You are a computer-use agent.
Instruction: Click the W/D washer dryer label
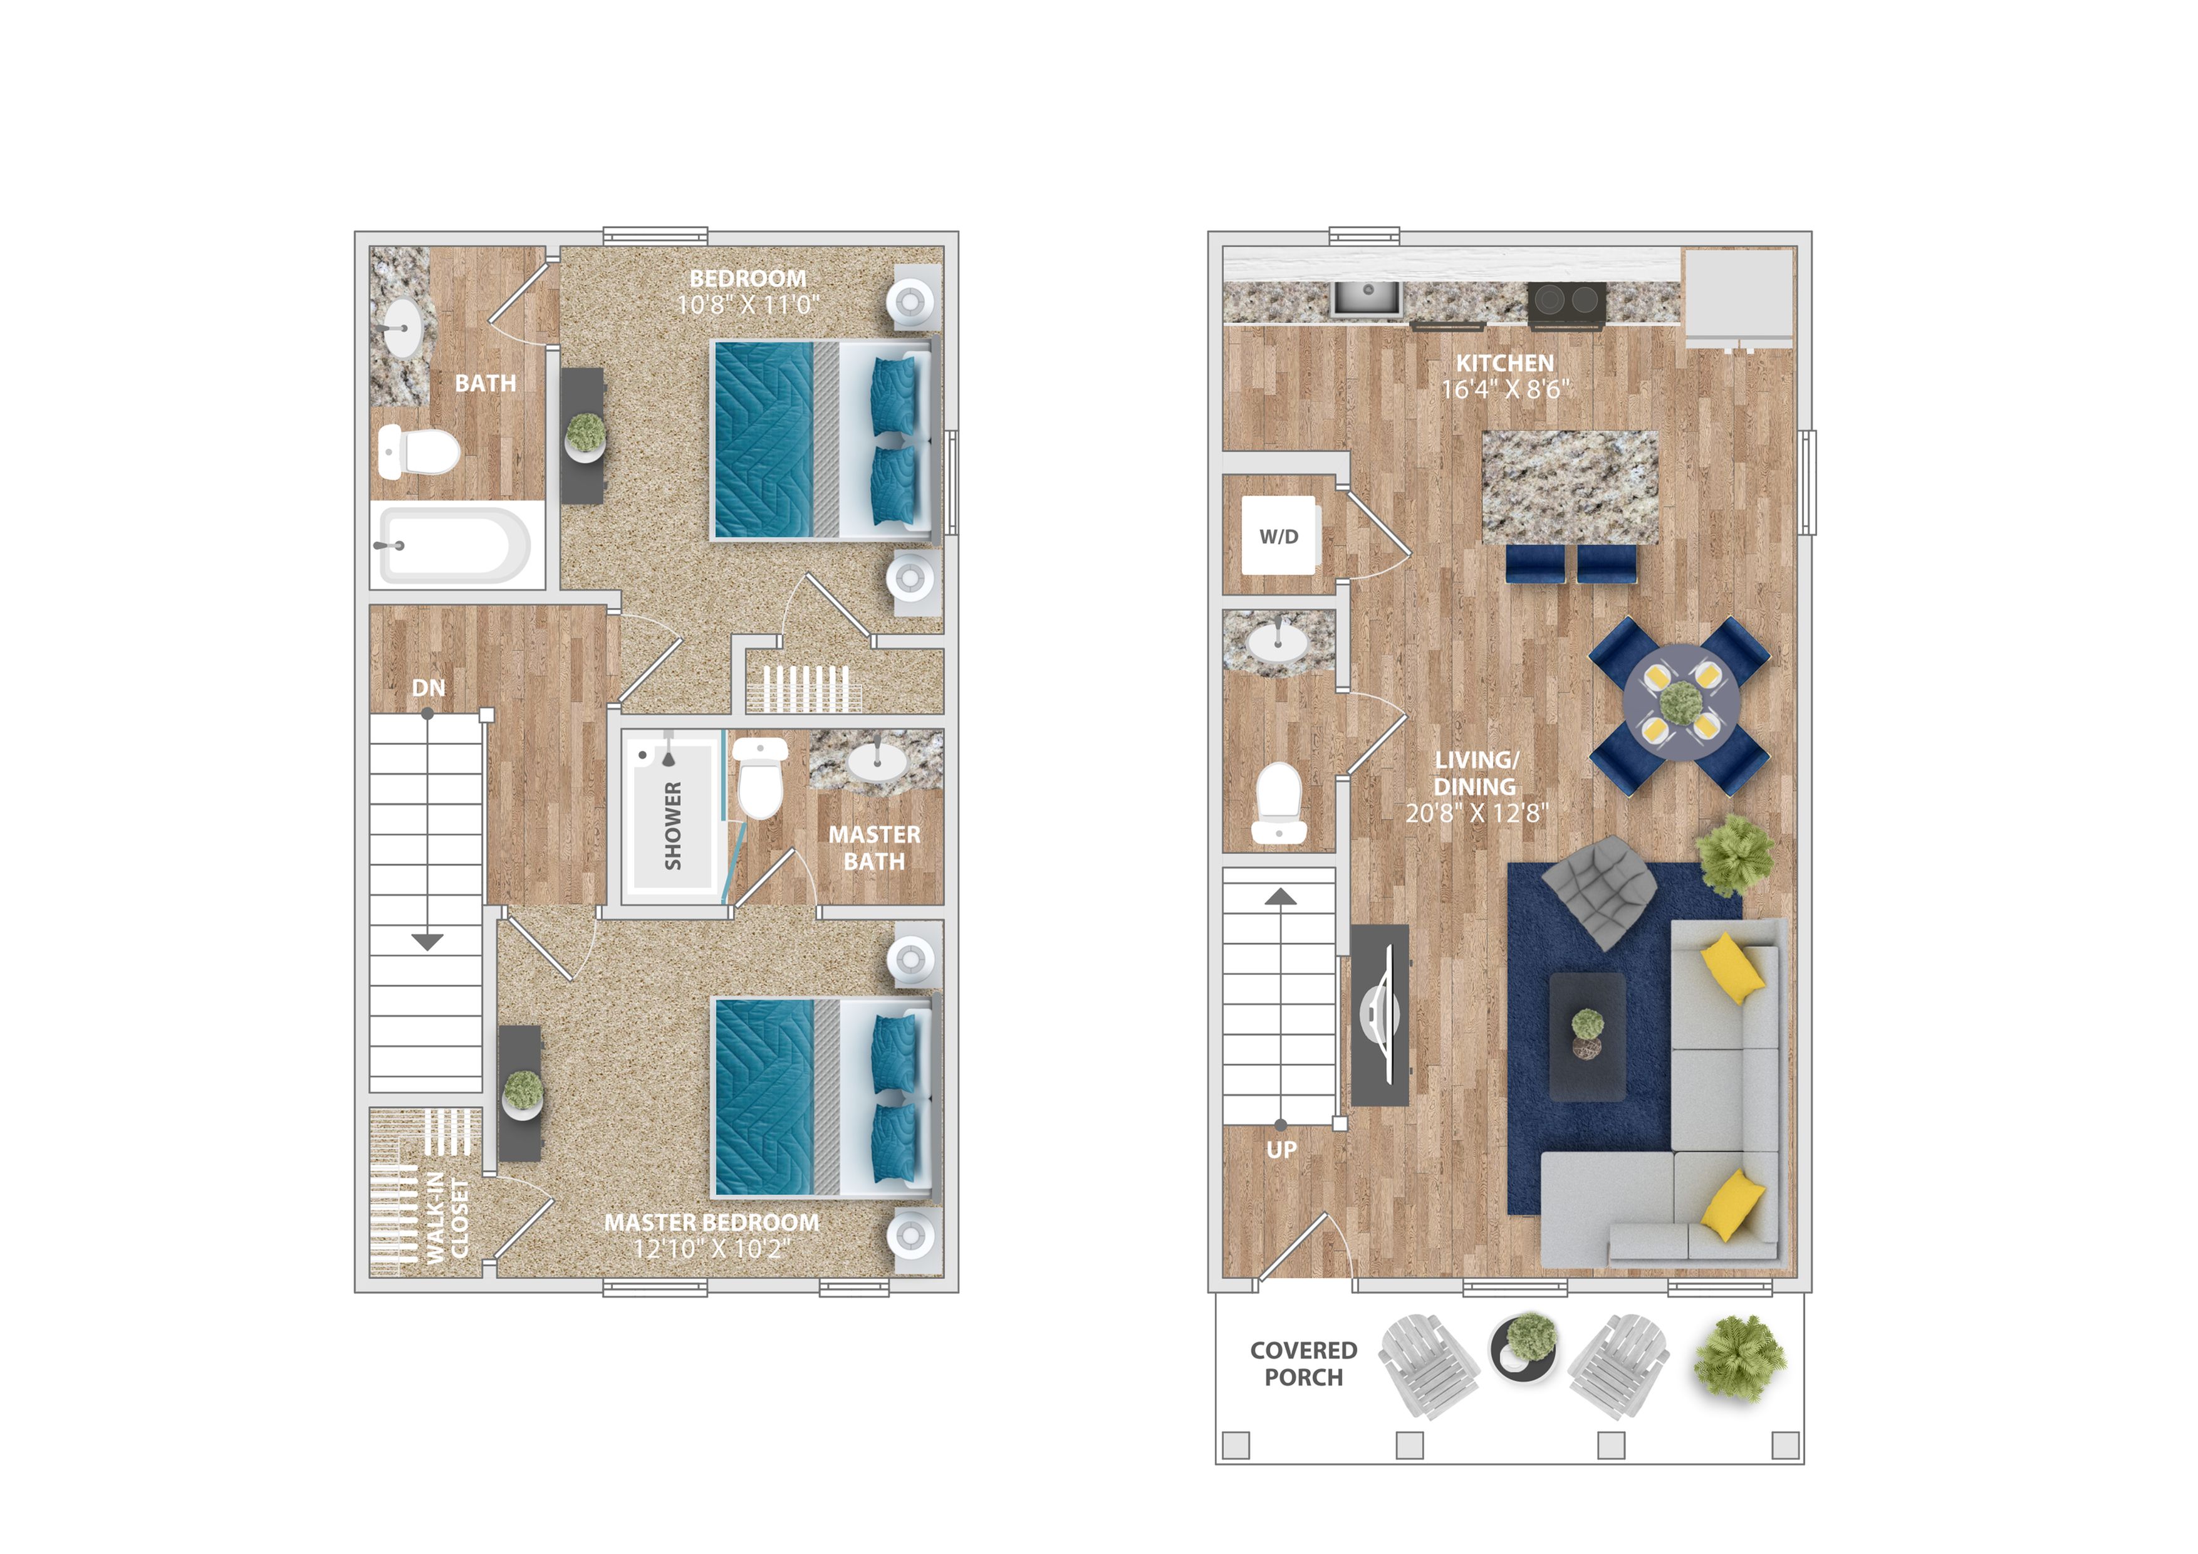coord(1279,536)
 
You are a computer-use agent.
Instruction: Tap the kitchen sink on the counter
coord(1367,298)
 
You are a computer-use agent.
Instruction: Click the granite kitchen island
coord(1570,487)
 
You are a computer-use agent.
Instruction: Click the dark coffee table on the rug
coord(1587,1037)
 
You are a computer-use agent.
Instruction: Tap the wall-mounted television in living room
coord(1380,1015)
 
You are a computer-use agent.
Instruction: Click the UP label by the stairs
coord(1282,1150)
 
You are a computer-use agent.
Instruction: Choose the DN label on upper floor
coord(429,688)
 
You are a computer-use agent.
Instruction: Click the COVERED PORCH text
coord(1304,1363)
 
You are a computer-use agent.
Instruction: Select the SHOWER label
coord(673,826)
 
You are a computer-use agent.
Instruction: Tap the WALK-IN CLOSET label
coord(448,1219)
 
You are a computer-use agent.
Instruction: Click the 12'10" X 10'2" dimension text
coord(712,1249)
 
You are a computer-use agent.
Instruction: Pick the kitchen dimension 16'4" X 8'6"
coord(1506,389)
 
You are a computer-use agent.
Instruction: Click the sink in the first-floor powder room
coord(1278,643)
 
